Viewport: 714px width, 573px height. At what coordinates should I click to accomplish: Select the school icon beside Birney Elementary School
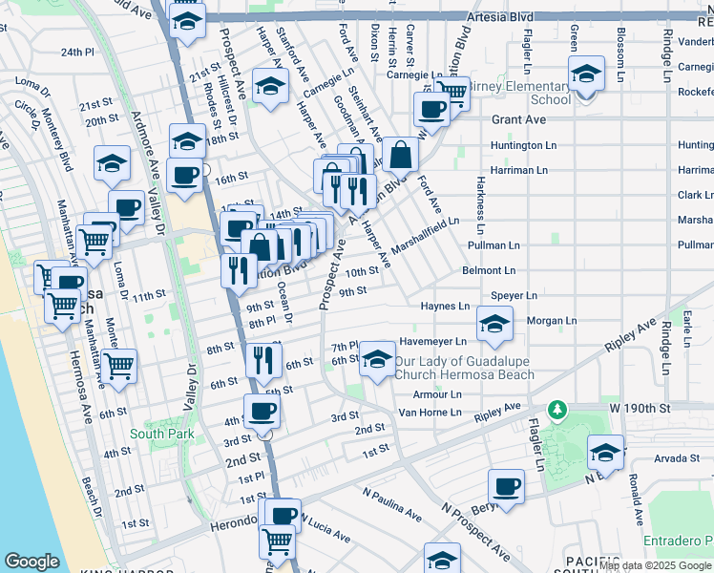[x=585, y=74]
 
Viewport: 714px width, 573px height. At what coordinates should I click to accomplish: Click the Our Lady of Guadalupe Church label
[x=465, y=368]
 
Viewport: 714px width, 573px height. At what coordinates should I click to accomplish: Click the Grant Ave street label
[x=518, y=120]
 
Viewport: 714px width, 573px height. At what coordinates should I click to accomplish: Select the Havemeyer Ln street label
[x=432, y=341]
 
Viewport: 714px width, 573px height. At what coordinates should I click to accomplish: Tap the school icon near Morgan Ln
[x=494, y=325]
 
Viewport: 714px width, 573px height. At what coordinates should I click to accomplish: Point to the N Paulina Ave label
[x=391, y=504]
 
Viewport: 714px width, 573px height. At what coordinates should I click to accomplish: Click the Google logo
[x=31, y=562]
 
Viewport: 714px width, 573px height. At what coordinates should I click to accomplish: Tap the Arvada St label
[x=677, y=458]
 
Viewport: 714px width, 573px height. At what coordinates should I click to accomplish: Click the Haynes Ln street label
[x=445, y=307]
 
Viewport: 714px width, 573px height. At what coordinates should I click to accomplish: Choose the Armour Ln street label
[x=436, y=394]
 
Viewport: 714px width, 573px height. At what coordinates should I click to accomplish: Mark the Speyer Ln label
[x=514, y=296]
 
